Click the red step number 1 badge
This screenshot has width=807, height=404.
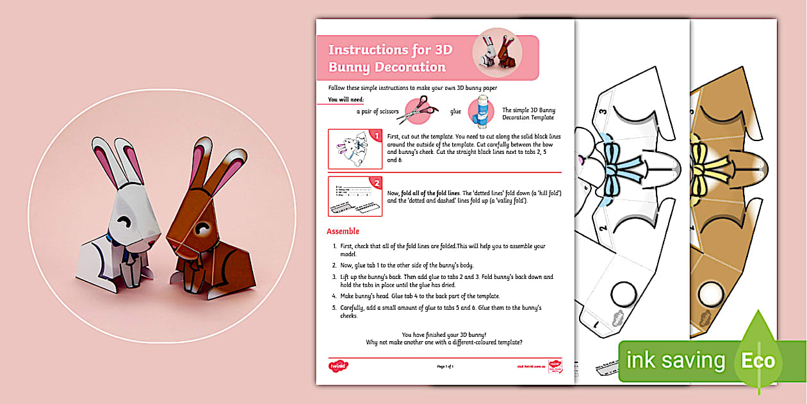[x=377, y=136]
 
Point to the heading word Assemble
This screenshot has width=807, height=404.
[x=343, y=231]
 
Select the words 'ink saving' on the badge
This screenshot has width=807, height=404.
[x=675, y=360]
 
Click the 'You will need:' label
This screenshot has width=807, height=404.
[x=346, y=99]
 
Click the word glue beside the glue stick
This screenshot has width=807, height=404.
[x=455, y=111]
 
